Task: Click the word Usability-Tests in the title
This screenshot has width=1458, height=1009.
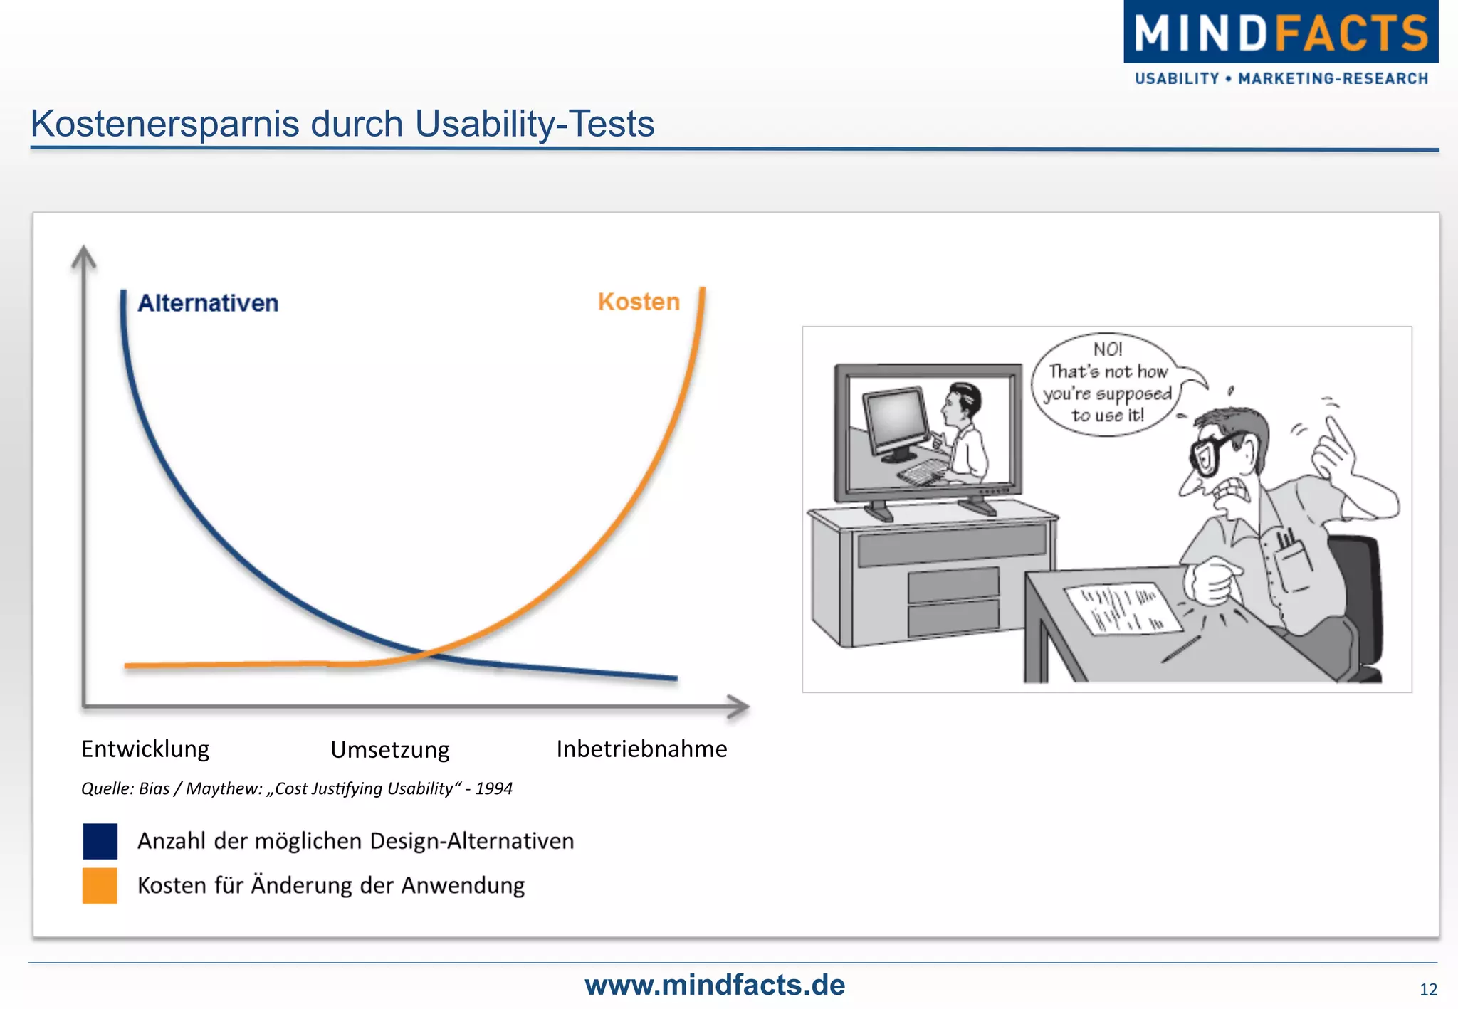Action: pyautogui.click(x=534, y=124)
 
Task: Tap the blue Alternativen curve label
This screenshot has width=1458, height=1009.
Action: pyautogui.click(x=208, y=303)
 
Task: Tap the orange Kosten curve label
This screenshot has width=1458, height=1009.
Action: pyautogui.click(x=639, y=302)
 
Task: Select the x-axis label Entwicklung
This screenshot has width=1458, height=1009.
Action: pyautogui.click(x=145, y=749)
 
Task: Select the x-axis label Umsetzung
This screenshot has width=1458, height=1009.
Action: pyautogui.click(x=390, y=750)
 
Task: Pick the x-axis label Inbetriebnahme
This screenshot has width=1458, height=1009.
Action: pyautogui.click(x=641, y=749)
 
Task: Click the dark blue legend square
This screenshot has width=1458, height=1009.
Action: pyautogui.click(x=100, y=841)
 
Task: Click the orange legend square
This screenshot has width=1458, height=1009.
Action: pyautogui.click(x=100, y=886)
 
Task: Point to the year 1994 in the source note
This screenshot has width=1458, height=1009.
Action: pyautogui.click(x=494, y=788)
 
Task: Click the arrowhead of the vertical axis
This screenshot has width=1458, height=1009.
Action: pyautogui.click(x=84, y=256)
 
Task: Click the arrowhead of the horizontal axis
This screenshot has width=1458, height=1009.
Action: pyautogui.click(x=740, y=707)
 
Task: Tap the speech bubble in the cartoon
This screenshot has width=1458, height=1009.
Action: pyautogui.click(x=1107, y=384)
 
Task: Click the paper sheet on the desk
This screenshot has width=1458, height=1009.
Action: pyautogui.click(x=1122, y=609)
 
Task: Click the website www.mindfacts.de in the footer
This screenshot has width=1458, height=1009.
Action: pyautogui.click(x=715, y=986)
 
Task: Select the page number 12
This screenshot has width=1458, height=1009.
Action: pyautogui.click(x=1428, y=990)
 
